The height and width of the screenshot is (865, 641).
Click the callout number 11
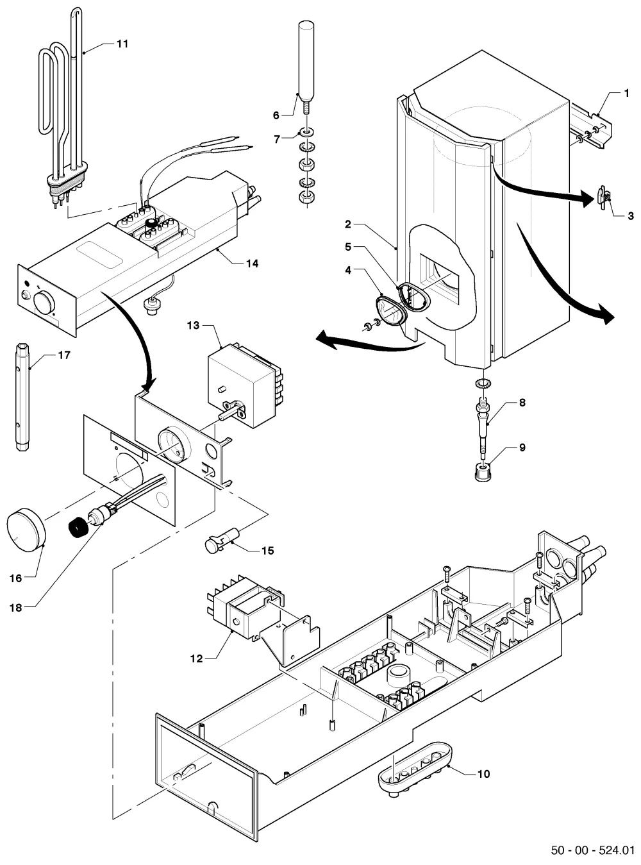[x=122, y=44]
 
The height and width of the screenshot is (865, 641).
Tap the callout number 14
[x=252, y=264]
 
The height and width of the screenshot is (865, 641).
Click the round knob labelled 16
[x=26, y=530]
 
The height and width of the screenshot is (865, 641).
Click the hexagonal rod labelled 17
[x=22, y=397]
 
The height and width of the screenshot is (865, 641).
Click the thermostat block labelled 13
[x=246, y=385]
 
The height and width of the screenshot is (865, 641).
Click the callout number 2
[x=348, y=224]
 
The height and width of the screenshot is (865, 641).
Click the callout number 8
[x=522, y=402]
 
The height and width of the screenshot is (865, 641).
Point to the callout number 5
[x=348, y=247]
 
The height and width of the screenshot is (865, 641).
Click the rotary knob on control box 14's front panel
[x=44, y=302]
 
